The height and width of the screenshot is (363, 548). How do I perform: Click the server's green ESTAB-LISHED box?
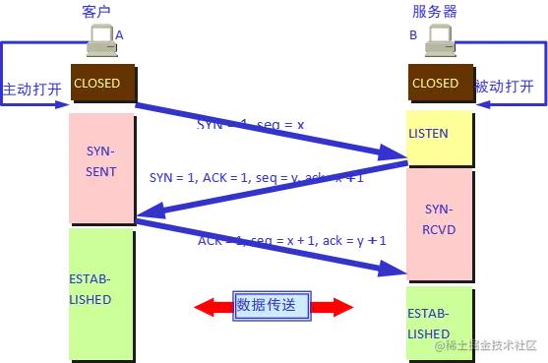(439, 320)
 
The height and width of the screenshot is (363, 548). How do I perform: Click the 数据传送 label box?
(273, 306)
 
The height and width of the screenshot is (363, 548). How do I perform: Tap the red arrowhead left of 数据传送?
(204, 307)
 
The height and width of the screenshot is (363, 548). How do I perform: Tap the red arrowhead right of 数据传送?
(341, 307)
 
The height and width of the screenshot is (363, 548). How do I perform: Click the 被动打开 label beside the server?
(506, 88)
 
